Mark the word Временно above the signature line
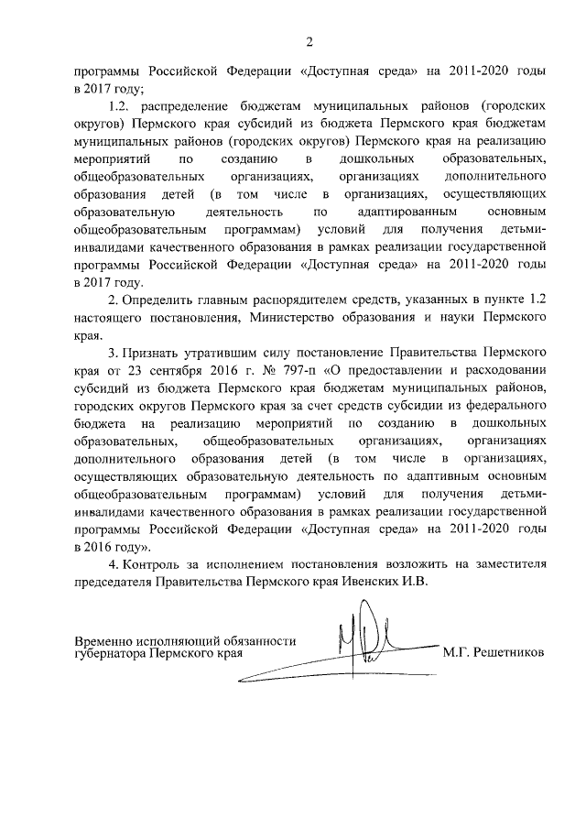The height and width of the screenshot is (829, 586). [x=103, y=641]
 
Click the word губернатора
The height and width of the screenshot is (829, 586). [x=113, y=655]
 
